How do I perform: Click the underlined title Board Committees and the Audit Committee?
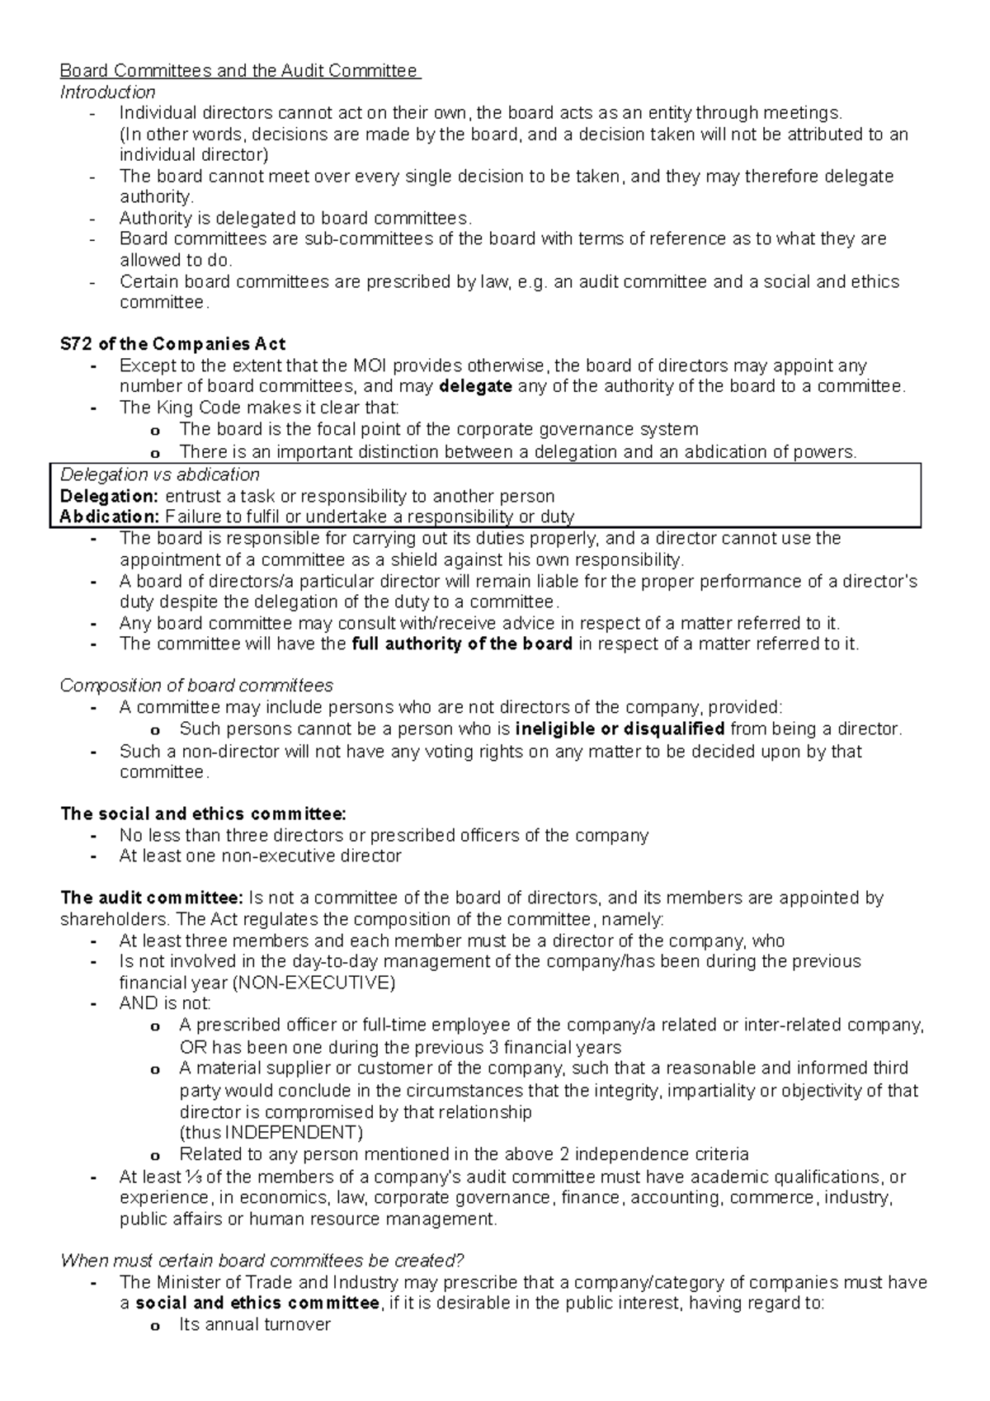240,71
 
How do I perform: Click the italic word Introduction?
107,92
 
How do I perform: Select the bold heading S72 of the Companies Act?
173,344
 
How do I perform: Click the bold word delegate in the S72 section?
476,386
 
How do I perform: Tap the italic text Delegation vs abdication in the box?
160,474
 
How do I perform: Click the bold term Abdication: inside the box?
110,517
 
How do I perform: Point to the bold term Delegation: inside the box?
109,496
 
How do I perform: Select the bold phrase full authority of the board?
462,644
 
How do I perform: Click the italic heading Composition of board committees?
196,686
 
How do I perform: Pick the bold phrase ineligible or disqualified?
620,729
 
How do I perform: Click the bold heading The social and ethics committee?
204,814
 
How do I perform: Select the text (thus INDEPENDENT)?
271,1132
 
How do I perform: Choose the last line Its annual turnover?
254,1325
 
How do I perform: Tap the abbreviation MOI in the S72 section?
370,366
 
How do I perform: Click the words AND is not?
165,1003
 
